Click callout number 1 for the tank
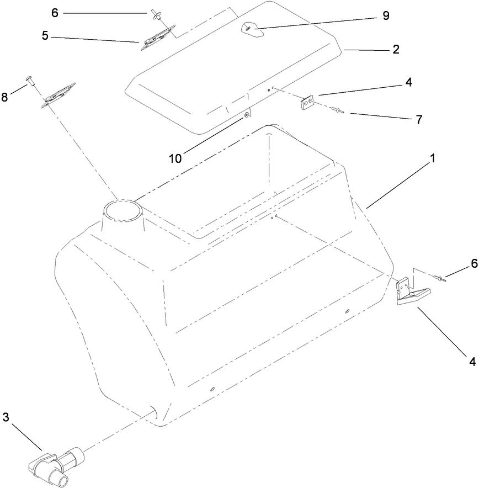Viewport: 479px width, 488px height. pos(433,158)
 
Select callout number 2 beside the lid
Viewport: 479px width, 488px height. pos(396,49)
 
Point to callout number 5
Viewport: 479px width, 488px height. pos(45,36)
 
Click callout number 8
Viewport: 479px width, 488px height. pos(5,97)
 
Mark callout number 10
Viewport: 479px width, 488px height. pos(175,158)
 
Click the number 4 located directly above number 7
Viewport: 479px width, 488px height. pos(408,82)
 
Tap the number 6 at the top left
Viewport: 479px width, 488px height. pos(54,13)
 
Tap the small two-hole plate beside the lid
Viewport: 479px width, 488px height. pos(307,103)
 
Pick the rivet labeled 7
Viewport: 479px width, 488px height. pos(338,112)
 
